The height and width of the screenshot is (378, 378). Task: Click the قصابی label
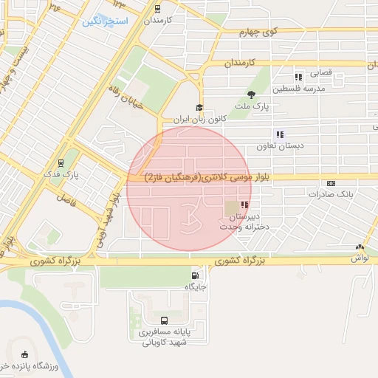[x=320, y=74]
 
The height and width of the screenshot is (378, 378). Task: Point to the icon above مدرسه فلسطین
[x=298, y=77]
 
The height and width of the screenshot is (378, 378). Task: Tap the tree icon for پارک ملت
[x=252, y=94]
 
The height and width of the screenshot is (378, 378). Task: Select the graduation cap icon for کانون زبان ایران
[x=199, y=108]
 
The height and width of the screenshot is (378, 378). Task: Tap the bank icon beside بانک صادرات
[x=330, y=182]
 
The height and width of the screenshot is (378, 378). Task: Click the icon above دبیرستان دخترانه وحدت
[x=244, y=205]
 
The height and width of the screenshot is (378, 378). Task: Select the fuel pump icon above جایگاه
[x=195, y=274]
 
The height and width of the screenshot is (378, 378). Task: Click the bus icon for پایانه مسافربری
[x=164, y=320]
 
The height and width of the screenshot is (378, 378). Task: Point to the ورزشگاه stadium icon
[x=25, y=355]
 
